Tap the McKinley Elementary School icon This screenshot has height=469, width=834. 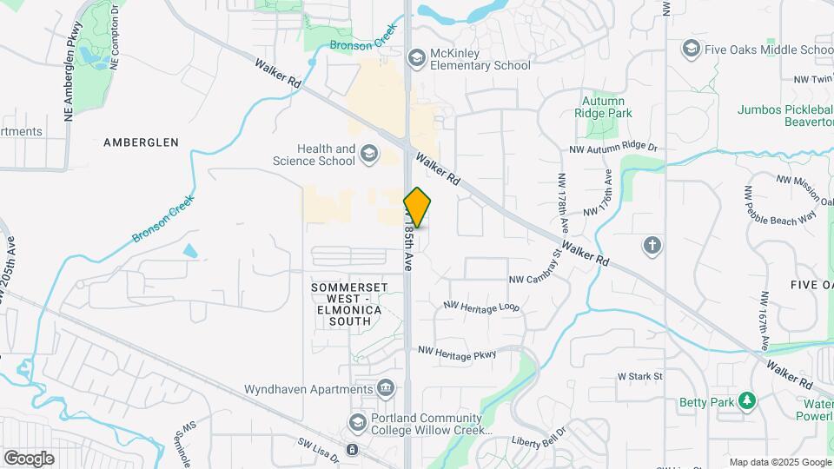pos(416,57)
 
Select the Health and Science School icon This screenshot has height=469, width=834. pos(370,155)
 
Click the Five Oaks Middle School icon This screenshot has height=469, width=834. pos(692,48)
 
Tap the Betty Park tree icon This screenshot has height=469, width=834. pos(745,400)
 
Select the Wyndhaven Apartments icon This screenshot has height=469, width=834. pos(384,388)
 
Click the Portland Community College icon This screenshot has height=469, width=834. pos(356,422)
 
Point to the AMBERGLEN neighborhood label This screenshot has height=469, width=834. pos(141,142)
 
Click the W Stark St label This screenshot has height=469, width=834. pos(639,377)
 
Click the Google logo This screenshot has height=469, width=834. pos(29,458)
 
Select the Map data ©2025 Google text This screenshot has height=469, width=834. pos(779,462)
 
